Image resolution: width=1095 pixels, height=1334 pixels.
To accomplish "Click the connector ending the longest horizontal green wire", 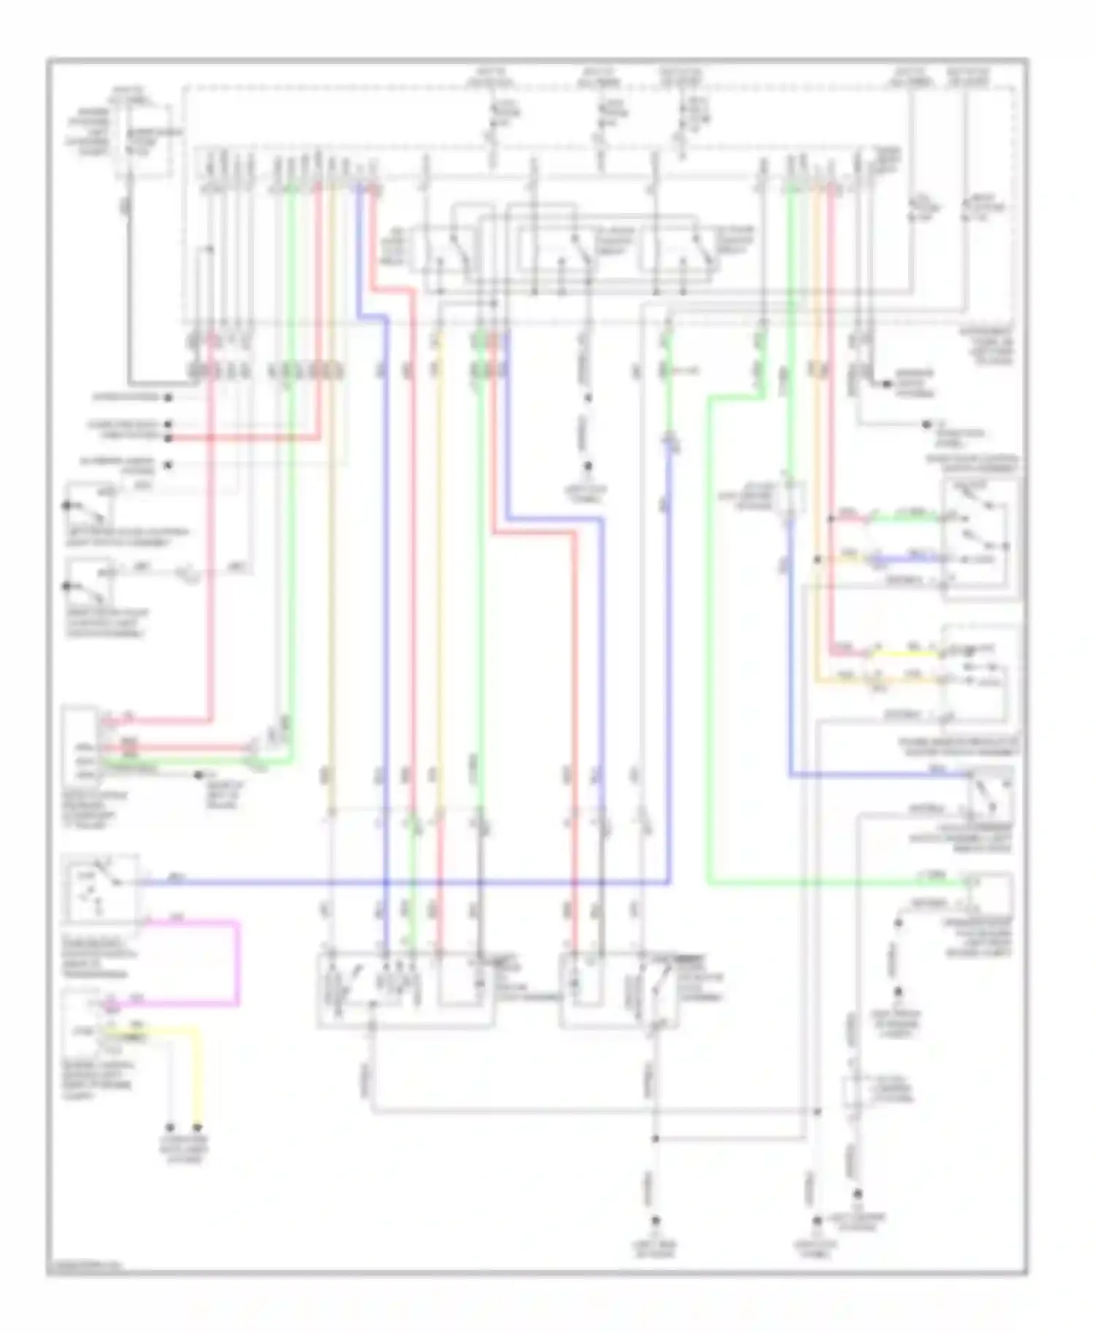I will click(971, 884).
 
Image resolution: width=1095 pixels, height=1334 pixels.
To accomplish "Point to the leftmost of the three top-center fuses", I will click(493, 124).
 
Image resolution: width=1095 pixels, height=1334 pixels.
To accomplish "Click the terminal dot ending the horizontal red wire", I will click(168, 439).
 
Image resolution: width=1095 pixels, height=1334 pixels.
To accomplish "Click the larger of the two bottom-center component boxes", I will click(405, 989).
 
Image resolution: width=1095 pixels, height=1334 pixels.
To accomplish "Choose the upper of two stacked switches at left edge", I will click(89, 504).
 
